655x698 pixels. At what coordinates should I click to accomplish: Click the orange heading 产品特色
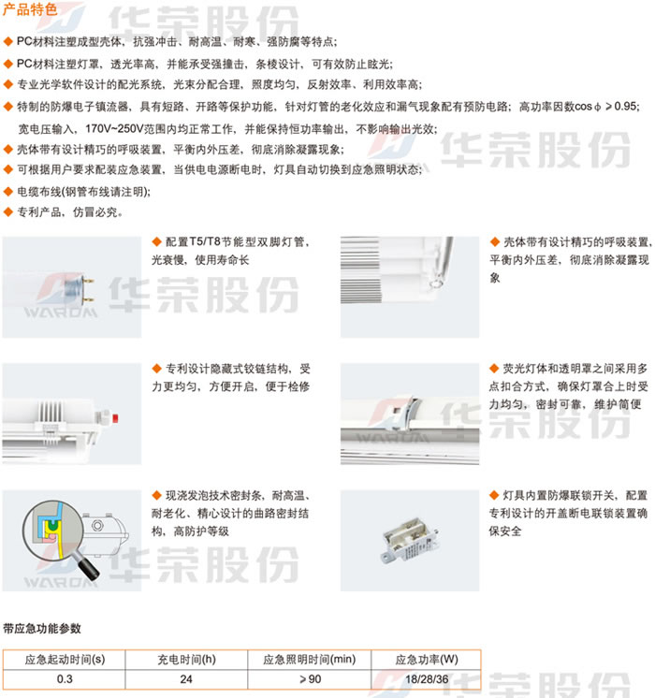coord(30,9)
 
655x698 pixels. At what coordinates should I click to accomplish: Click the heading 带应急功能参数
coord(42,628)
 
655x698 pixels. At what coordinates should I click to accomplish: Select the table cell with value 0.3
coord(65,679)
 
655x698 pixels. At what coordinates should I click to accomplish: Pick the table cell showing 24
coord(186,679)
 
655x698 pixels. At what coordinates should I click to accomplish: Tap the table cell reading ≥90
coord(310,679)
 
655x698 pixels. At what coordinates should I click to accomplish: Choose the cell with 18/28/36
coord(426,679)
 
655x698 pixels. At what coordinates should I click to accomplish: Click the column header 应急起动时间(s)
coord(65,660)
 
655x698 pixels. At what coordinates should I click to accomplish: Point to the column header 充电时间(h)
coord(186,660)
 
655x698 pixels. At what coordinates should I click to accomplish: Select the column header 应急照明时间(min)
coord(310,660)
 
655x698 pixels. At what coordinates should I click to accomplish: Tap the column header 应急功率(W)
coord(426,660)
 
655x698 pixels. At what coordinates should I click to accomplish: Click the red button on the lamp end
coord(115,418)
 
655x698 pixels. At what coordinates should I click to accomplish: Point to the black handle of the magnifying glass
coord(88,569)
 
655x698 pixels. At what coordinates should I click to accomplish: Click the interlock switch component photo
coord(409,540)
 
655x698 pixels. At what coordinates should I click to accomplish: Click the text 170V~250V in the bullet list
coord(114,128)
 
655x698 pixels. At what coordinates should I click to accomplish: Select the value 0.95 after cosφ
coord(626,106)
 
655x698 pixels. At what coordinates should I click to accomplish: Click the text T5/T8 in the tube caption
coord(205,241)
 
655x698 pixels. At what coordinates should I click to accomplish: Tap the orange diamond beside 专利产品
coord(8,212)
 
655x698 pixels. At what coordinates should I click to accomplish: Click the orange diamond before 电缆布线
coord(8,192)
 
